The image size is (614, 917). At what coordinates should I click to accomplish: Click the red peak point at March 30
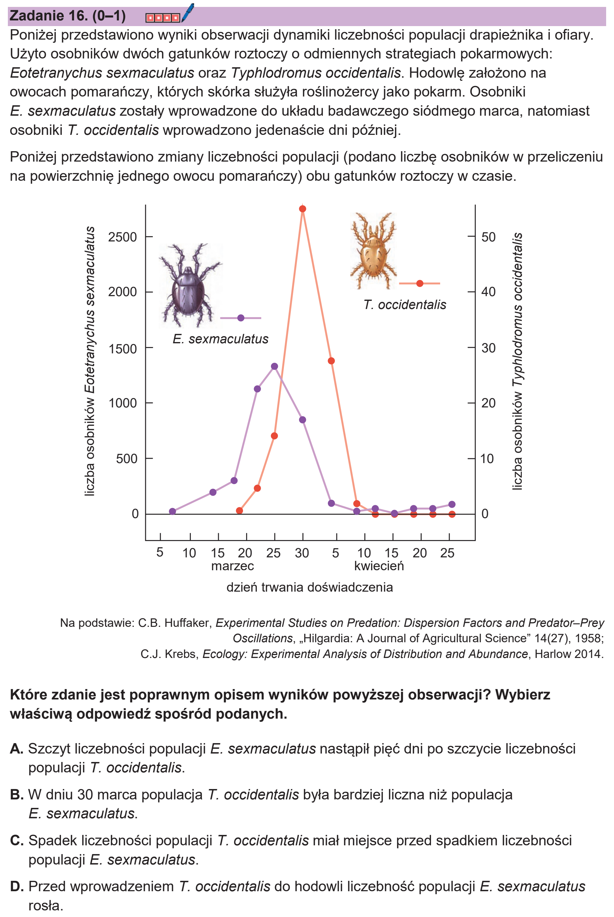point(302,209)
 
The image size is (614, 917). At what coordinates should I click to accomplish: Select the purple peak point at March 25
point(274,367)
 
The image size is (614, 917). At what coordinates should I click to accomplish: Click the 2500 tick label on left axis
point(123,237)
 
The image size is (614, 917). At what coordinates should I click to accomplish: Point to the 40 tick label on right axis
point(488,292)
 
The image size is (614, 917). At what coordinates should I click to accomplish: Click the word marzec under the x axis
point(233,566)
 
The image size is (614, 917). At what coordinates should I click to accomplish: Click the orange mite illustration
point(373,251)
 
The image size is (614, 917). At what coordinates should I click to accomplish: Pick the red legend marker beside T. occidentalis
point(420,284)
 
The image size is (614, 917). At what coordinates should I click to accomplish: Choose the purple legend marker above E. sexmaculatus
point(241,318)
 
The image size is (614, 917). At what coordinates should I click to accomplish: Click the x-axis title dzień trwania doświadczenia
point(310,587)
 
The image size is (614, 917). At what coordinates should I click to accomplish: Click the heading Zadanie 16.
point(48,16)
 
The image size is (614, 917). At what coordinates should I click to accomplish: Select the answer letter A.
point(17,749)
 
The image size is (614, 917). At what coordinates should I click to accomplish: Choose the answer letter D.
point(17,886)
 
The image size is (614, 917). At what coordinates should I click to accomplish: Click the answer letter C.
point(17,840)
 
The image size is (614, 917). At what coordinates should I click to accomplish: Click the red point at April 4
point(331,361)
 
